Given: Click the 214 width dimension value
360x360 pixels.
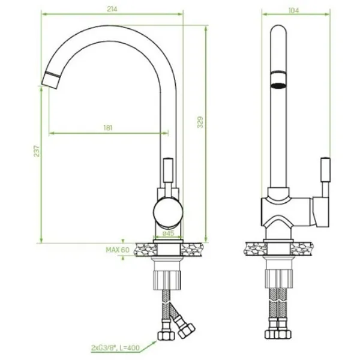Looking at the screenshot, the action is pyautogui.click(x=112, y=9).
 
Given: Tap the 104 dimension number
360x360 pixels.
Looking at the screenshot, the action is pyautogui.click(x=293, y=11).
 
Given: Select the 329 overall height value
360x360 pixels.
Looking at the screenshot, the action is pyautogui.click(x=200, y=122).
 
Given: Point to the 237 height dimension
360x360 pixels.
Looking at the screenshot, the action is pyautogui.click(x=37, y=151).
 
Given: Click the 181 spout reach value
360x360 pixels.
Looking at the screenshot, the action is pyautogui.click(x=108, y=128).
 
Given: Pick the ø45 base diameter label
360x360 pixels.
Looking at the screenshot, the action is pyautogui.click(x=169, y=233).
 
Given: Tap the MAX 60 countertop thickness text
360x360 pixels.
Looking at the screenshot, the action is pyautogui.click(x=118, y=250).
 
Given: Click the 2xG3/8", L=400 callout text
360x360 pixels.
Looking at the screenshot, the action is pyautogui.click(x=115, y=347).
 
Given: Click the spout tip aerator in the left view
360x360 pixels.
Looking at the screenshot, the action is pyautogui.click(x=51, y=80).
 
